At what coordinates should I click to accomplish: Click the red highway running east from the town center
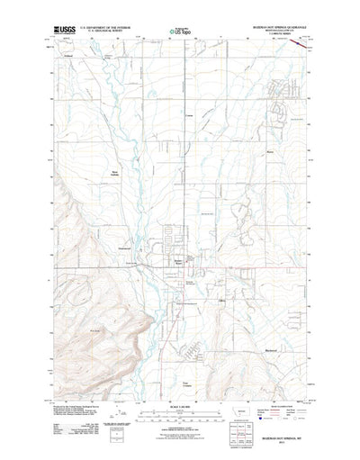coord(234,264)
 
